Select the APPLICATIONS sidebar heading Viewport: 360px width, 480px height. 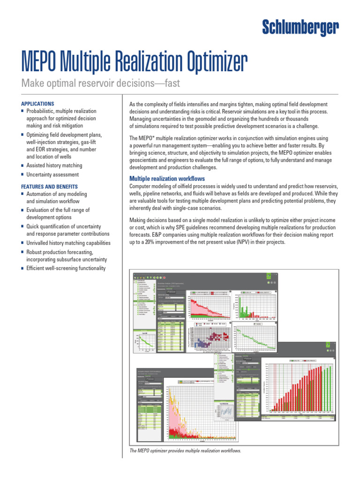click(38, 104)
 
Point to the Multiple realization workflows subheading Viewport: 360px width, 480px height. click(167, 179)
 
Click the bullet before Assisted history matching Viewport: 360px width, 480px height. click(23, 166)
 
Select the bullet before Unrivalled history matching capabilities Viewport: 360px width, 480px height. click(23, 243)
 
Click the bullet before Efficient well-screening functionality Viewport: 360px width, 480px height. click(23, 269)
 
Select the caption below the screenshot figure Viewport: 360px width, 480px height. click(185, 450)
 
